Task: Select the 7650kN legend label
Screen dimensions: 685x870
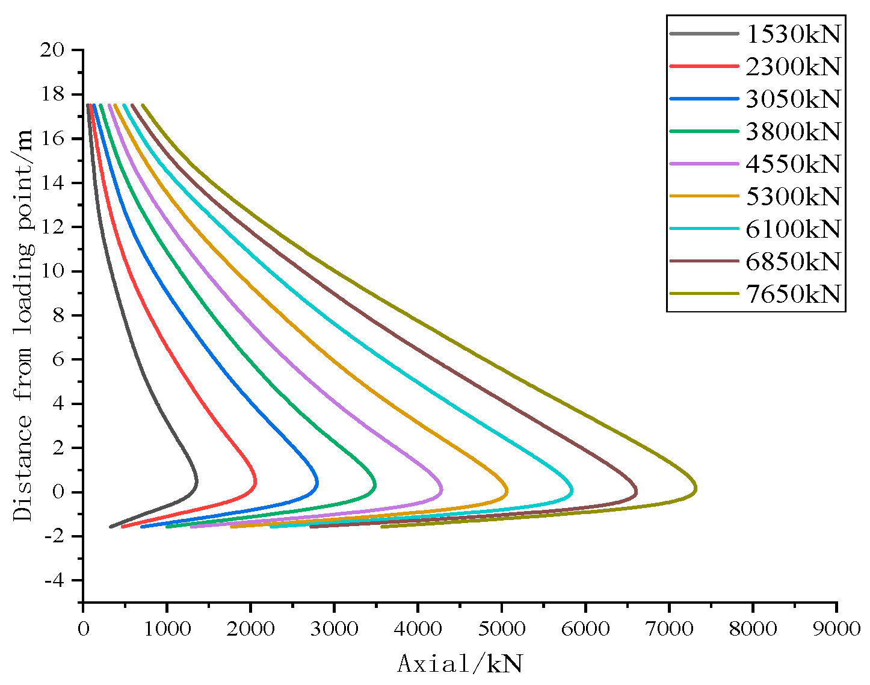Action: pos(792,294)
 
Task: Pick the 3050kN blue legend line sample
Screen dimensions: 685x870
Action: pos(703,99)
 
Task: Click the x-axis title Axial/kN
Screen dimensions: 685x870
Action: pos(460,664)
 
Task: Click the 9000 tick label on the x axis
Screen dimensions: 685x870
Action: pos(836,628)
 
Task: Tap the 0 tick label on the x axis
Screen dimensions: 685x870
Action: pos(83,628)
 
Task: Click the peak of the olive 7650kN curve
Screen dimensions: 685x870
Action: pos(696,489)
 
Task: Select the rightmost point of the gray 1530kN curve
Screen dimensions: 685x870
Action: pos(196,482)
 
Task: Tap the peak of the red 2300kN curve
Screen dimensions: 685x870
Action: pos(256,482)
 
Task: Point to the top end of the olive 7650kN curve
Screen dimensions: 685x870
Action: pos(143,105)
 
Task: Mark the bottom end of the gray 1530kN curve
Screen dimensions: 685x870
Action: pos(110,527)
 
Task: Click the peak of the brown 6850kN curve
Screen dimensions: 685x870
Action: pos(637,491)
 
